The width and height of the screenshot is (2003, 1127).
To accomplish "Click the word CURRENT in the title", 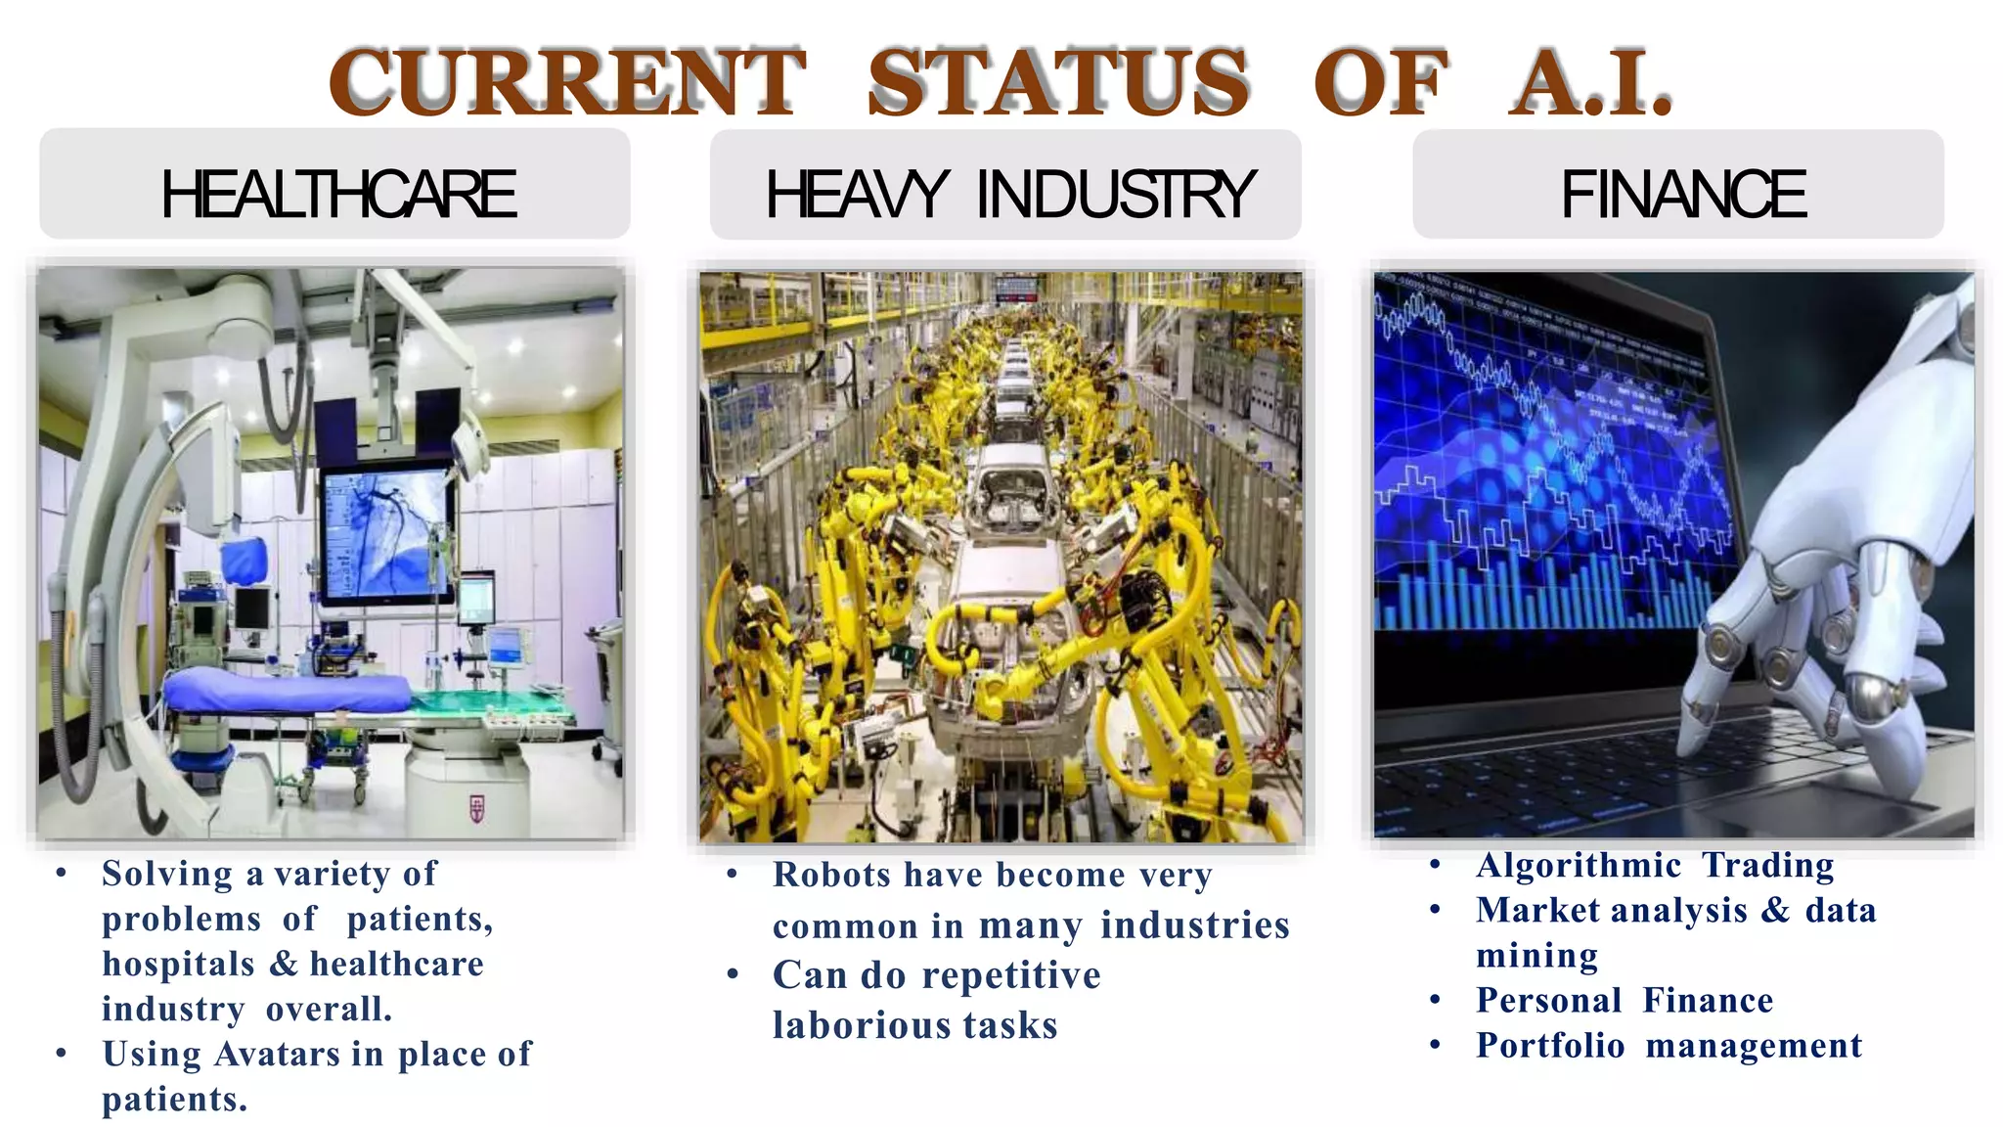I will [x=567, y=82].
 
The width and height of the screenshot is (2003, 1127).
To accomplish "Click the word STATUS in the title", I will [x=1058, y=82].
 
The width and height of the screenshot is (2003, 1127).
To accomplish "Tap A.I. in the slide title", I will [x=1591, y=82].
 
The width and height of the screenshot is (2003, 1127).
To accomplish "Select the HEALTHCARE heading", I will [x=337, y=194].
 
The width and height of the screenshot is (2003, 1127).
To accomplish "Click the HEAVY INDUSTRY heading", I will [x=1008, y=194].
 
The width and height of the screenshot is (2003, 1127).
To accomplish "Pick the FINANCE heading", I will [x=1682, y=194].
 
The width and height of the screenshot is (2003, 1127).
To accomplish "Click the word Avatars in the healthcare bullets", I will [x=277, y=1054].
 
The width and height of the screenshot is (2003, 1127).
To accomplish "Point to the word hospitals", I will [x=179, y=964].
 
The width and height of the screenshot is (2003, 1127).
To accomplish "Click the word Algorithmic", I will [x=1579, y=866].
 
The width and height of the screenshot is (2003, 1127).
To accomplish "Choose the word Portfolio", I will [x=1550, y=1046].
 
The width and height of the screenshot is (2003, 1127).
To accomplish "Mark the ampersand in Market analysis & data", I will [x=1775, y=910].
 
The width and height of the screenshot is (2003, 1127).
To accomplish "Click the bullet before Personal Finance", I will [x=1435, y=1000].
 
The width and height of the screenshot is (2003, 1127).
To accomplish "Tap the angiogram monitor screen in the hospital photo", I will [x=386, y=533].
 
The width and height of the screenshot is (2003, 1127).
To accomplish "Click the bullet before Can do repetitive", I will [x=733, y=974].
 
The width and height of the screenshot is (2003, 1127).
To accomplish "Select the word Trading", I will [x=1767, y=866].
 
